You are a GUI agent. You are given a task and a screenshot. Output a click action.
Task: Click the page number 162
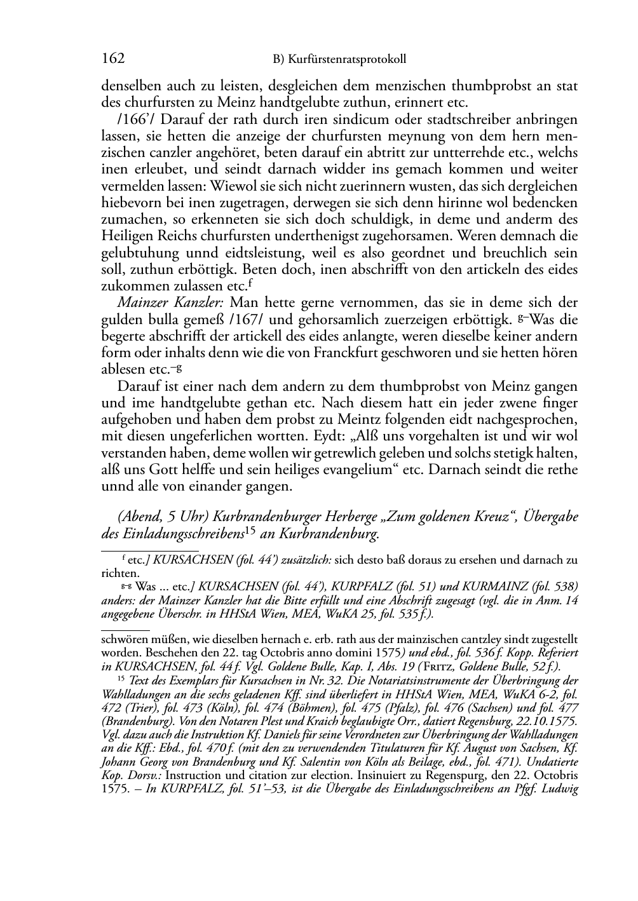pos(113,59)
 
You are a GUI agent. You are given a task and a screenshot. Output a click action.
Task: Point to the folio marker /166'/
pos(133,119)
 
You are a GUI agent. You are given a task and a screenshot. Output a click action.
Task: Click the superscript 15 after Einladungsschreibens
pos(251,531)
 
